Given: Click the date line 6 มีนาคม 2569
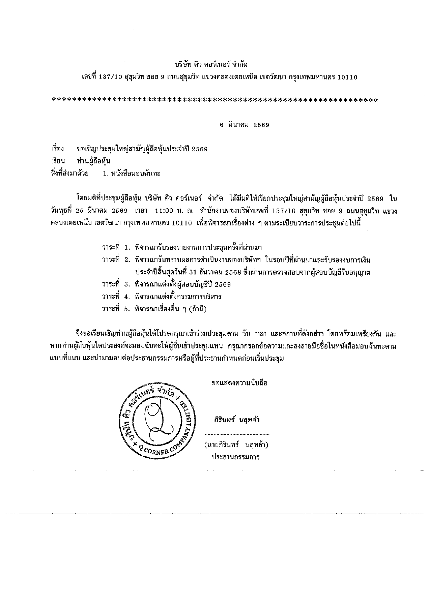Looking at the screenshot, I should click(244, 125).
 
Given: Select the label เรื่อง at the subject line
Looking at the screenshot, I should click(57, 149).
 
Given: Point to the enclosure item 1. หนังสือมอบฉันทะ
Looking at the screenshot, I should click(131, 174).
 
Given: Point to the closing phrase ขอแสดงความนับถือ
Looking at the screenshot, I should click(239, 383).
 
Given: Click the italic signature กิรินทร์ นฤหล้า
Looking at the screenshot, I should click(237, 420).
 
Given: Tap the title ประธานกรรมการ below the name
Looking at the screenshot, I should click(236, 457).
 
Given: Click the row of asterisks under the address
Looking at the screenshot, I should click(215, 101).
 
